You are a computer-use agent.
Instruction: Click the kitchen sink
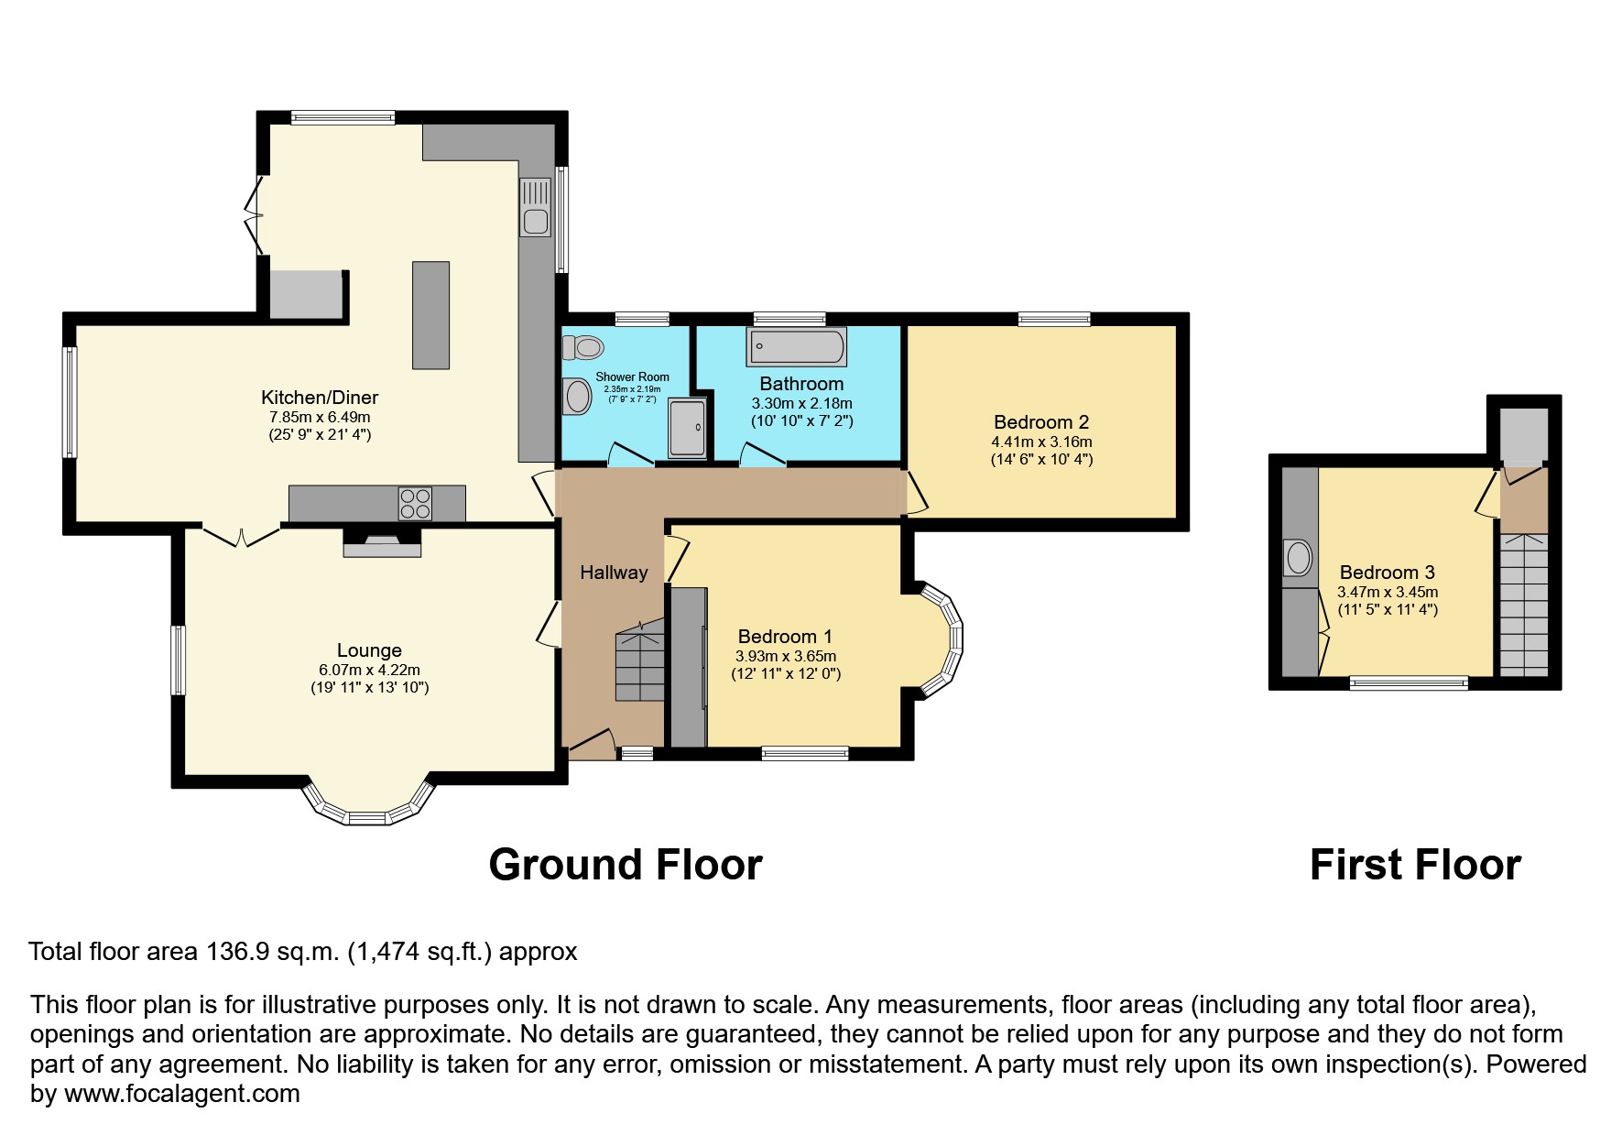(x=536, y=207)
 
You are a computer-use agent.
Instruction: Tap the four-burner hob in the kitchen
(x=415, y=504)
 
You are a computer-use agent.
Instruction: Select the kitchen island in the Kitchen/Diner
(x=430, y=315)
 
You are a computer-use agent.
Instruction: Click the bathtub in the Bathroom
(x=797, y=346)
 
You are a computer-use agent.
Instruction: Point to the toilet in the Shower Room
(x=583, y=347)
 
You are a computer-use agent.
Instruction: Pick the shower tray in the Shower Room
(x=688, y=427)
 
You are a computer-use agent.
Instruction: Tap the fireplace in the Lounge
(x=382, y=542)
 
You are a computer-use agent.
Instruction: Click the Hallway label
(x=614, y=573)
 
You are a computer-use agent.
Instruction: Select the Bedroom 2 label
(x=1041, y=422)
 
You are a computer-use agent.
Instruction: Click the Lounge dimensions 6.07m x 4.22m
(x=369, y=671)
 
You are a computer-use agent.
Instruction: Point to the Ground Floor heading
(x=626, y=865)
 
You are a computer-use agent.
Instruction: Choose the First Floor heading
(x=1415, y=865)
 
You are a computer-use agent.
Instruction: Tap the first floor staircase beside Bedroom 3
(x=1524, y=606)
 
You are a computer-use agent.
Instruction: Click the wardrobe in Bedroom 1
(x=689, y=667)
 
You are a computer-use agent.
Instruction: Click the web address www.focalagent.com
(x=182, y=1094)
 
